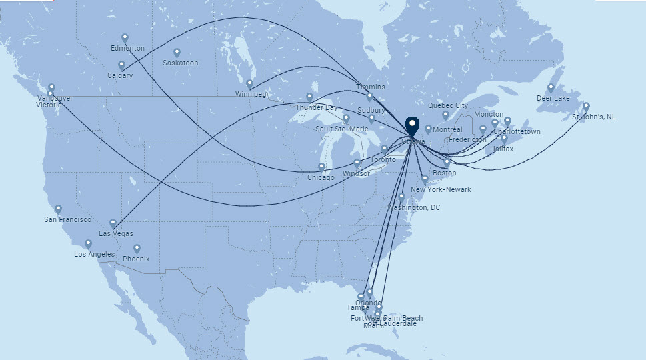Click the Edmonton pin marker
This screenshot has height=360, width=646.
click(x=125, y=39)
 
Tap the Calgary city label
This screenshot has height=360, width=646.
click(x=120, y=75)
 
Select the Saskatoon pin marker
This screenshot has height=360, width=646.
click(x=177, y=53)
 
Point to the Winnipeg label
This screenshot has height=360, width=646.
click(x=251, y=94)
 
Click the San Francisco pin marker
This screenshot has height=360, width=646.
click(x=58, y=209)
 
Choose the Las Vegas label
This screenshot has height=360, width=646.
click(x=115, y=233)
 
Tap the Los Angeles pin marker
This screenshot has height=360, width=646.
click(x=88, y=245)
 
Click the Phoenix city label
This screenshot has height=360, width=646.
click(x=136, y=259)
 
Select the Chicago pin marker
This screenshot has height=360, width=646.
click(x=321, y=167)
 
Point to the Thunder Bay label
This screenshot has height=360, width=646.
click(x=317, y=107)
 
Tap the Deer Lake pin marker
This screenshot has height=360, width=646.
click(x=551, y=88)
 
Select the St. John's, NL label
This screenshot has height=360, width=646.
click(x=594, y=117)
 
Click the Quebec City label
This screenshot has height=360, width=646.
click(x=447, y=105)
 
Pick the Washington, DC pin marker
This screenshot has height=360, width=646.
click(x=401, y=197)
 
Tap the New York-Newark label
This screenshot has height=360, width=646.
click(x=441, y=189)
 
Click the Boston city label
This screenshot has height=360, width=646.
click(x=445, y=173)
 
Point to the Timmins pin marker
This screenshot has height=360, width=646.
click(x=370, y=96)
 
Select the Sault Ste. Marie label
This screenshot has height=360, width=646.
click(x=341, y=128)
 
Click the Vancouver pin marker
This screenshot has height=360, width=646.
click(x=51, y=87)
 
